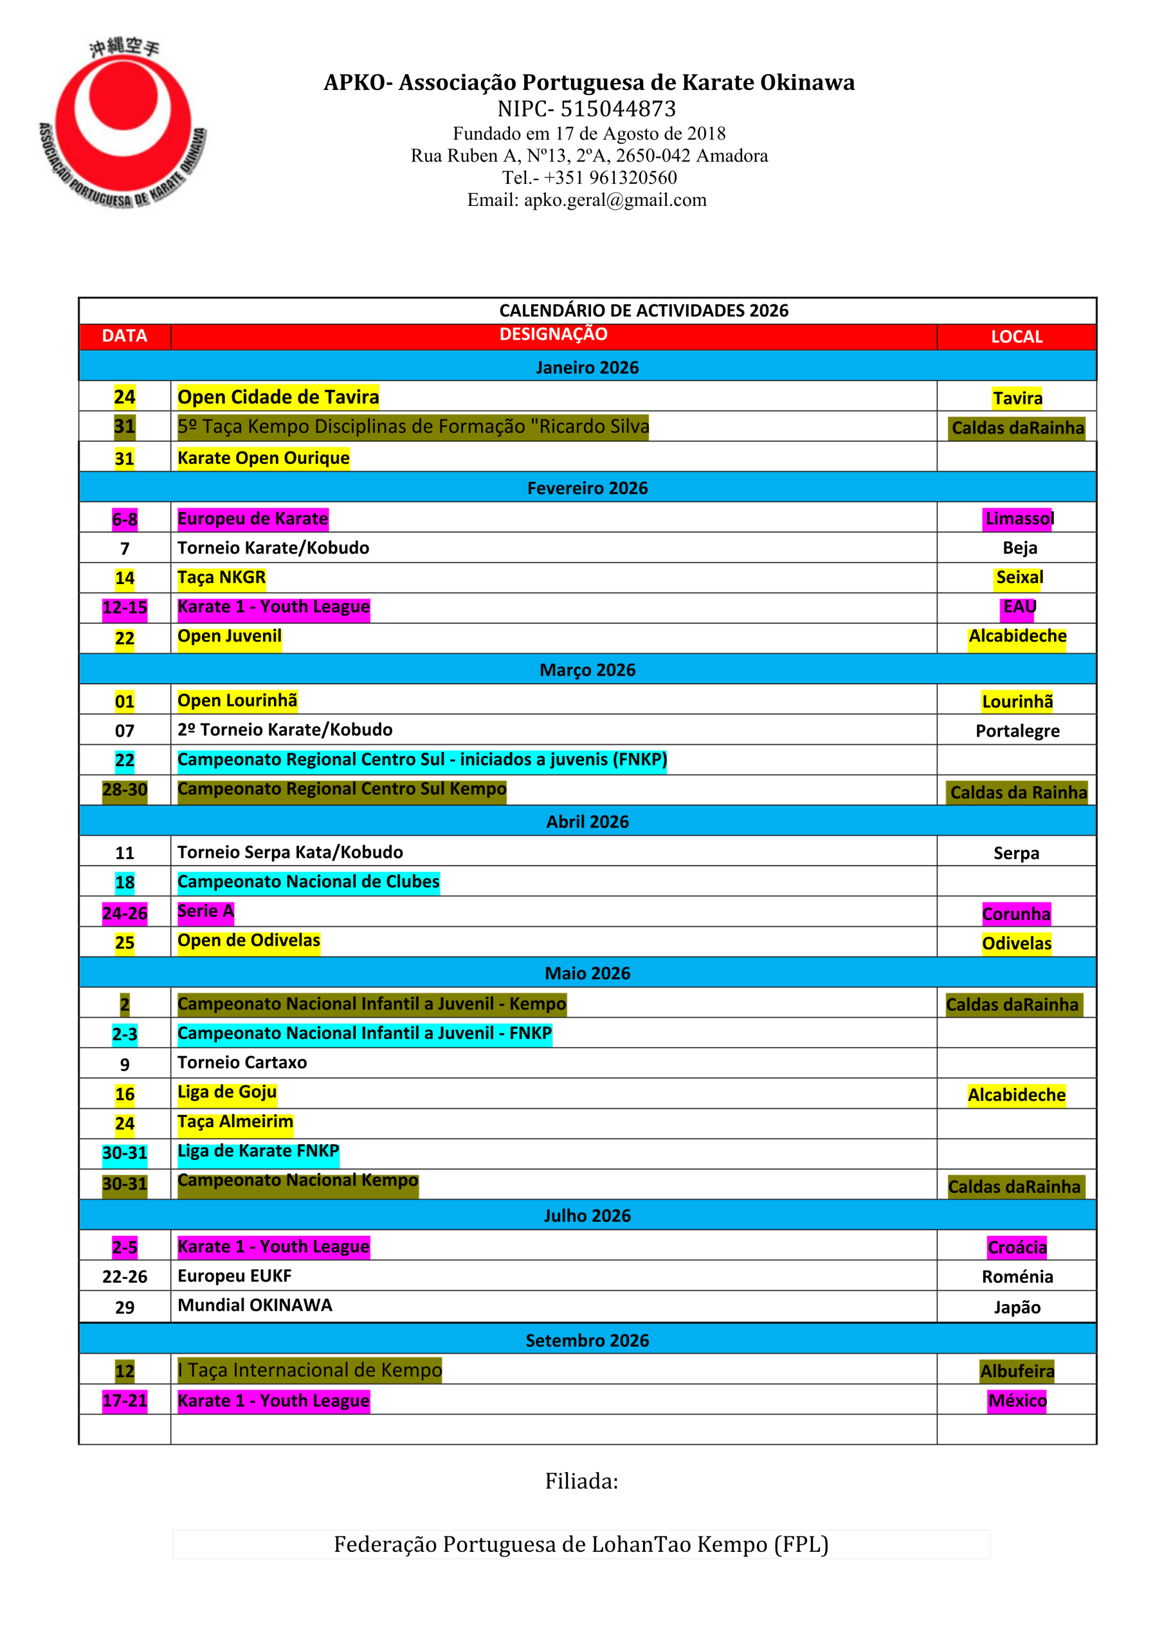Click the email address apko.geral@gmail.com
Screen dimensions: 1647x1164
615,200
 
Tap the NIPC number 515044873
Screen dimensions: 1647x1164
617,109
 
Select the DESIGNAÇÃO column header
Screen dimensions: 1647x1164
553,335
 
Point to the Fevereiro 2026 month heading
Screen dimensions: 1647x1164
587,488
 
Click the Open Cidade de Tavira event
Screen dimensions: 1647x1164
278,397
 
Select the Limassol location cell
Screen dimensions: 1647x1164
1019,518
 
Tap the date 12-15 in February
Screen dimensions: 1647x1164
125,607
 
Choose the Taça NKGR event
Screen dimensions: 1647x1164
222,578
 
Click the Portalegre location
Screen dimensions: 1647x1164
1017,731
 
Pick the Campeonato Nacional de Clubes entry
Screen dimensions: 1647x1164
309,881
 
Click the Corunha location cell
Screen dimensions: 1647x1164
1015,914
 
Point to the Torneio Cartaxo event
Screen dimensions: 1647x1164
242,1062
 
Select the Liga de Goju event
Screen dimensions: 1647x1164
226,1092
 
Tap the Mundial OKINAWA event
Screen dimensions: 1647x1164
255,1305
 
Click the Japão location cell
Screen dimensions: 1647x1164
1016,1307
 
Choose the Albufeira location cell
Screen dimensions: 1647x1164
1016,1371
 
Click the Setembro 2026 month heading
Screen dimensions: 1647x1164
587,1340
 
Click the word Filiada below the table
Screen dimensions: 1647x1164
581,1480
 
